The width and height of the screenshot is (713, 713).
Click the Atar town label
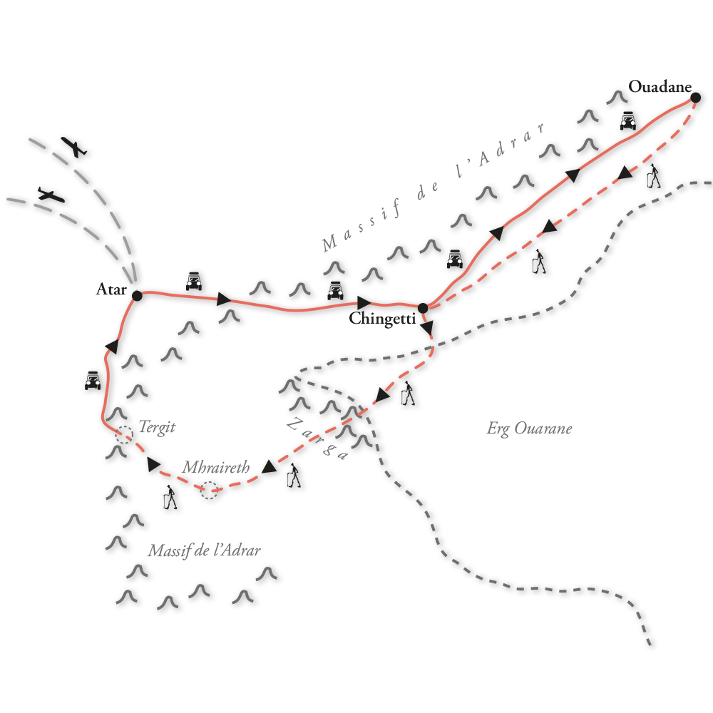(112, 290)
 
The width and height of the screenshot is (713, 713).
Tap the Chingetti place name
(382, 320)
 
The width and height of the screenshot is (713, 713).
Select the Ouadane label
(660, 87)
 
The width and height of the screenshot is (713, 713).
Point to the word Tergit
(157, 428)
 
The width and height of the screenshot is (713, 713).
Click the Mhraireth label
(216, 468)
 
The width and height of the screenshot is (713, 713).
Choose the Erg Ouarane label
(529, 429)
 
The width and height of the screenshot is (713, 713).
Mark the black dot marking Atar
(138, 294)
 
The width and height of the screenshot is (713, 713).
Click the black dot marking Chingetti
(423, 308)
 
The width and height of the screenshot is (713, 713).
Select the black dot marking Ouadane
(695, 97)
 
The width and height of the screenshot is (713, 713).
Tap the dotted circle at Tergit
(124, 434)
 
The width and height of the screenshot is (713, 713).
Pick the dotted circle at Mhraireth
(209, 490)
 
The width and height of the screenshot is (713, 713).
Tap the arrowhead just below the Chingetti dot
(427, 327)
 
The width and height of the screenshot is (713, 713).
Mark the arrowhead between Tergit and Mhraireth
(153, 465)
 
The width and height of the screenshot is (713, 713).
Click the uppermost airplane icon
(73, 148)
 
